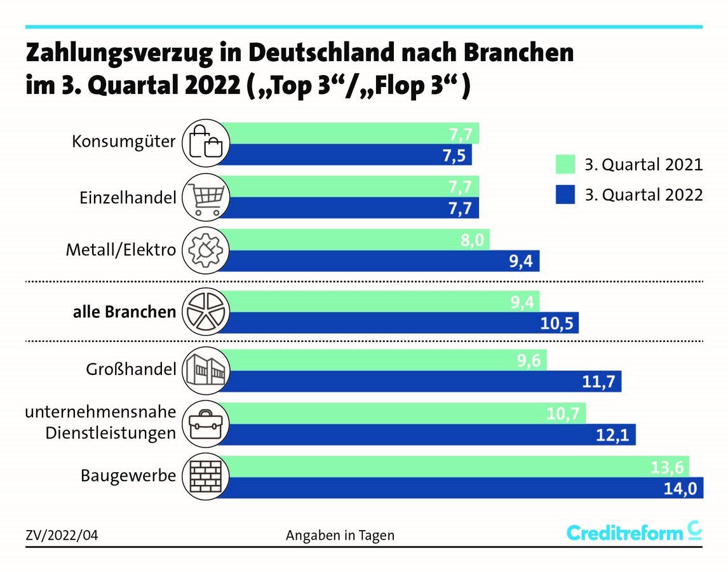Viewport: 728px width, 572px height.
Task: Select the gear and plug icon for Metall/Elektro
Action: click(204, 250)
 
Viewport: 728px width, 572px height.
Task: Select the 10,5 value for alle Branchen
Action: click(557, 323)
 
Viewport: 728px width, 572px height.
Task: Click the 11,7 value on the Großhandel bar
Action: click(600, 382)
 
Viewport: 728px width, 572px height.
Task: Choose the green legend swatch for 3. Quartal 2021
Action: click(564, 164)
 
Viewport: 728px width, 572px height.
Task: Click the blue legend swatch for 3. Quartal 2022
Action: click(564, 194)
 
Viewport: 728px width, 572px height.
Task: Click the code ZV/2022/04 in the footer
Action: click(62, 536)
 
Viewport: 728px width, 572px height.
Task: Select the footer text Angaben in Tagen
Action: click(340, 536)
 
